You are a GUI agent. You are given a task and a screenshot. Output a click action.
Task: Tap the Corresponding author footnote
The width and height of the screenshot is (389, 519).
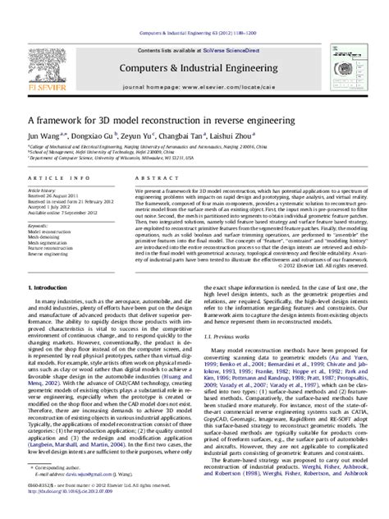click(57, 490)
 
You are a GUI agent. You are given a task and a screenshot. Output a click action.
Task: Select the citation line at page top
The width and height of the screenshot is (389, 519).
click(194, 9)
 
